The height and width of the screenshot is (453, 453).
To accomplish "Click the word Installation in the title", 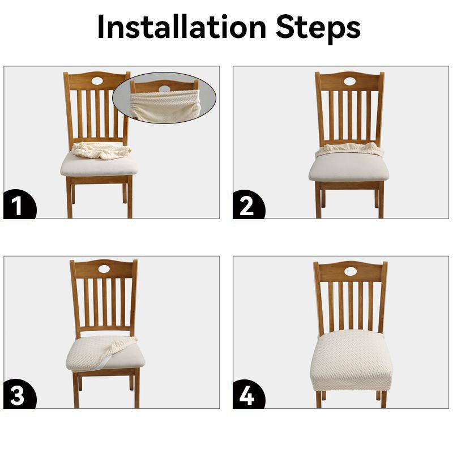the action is click(182, 27).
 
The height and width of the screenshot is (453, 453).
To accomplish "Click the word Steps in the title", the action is click(318, 28).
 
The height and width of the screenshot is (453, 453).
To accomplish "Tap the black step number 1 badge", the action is click(19, 204).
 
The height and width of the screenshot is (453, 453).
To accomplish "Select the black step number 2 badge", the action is click(248, 204).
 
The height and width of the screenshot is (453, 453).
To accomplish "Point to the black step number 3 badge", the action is click(19, 394).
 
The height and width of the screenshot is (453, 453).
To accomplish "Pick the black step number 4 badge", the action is click(248, 394).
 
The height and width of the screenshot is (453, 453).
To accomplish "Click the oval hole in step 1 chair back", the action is click(97, 81).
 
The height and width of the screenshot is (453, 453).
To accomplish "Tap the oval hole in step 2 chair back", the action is click(349, 82).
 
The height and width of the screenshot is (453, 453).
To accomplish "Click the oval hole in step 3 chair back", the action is click(104, 270).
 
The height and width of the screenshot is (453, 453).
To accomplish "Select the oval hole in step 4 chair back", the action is click(351, 271).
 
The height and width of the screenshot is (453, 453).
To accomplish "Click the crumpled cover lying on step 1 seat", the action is click(101, 151).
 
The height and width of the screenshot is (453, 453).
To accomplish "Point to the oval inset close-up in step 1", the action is click(164, 98).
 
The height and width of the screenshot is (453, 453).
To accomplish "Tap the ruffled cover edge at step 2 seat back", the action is click(349, 149).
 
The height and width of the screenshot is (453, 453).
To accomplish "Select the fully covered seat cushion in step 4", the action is click(351, 361).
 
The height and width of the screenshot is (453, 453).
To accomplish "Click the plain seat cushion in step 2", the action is click(349, 168).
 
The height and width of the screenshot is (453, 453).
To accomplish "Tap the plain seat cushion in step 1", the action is click(99, 166).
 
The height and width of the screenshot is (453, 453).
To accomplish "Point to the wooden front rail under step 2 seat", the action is click(349, 186).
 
